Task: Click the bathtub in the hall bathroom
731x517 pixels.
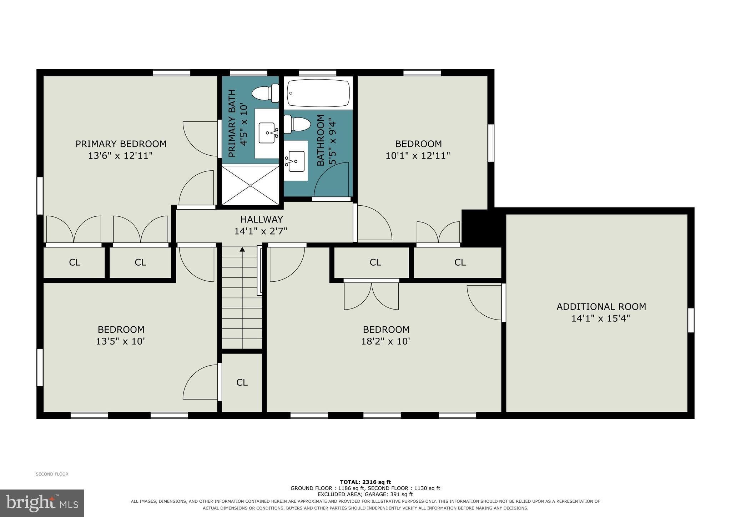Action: point(319,93)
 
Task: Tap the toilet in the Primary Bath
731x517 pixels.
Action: point(266,93)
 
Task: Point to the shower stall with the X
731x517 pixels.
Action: point(251,186)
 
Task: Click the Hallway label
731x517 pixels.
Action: point(261,219)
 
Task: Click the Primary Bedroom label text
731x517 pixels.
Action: point(121,144)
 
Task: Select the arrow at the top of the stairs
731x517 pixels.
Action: point(242,249)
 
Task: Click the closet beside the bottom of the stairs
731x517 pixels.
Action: point(242,382)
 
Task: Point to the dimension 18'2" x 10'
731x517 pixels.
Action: point(385,341)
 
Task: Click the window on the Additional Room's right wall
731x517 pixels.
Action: point(691,320)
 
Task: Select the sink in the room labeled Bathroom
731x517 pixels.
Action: point(295,161)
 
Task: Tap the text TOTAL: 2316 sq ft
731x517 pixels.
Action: point(365,482)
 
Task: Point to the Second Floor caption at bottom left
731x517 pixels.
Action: point(52,474)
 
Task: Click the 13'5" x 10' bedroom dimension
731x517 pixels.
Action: point(120,341)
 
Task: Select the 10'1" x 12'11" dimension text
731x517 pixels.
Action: point(418,156)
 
